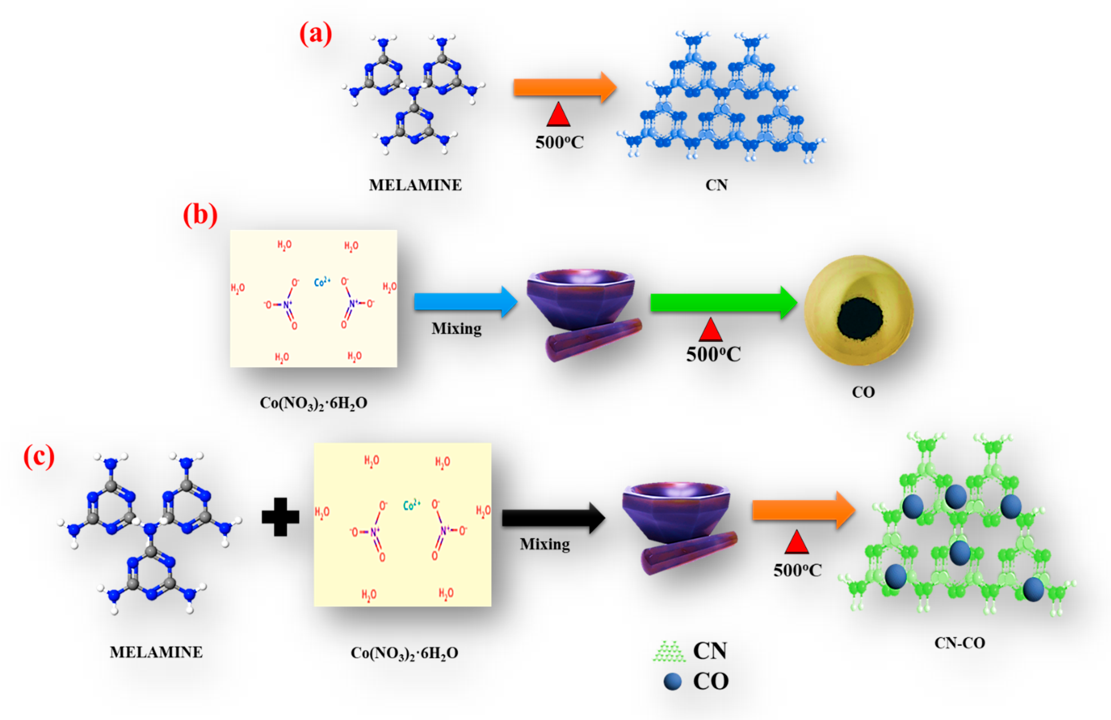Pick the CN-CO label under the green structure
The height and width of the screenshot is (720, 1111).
tap(959, 643)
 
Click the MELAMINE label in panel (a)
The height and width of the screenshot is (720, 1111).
tap(415, 185)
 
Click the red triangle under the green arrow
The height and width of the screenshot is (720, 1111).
tap(710, 330)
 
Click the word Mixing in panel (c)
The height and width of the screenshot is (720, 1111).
tap(545, 544)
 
